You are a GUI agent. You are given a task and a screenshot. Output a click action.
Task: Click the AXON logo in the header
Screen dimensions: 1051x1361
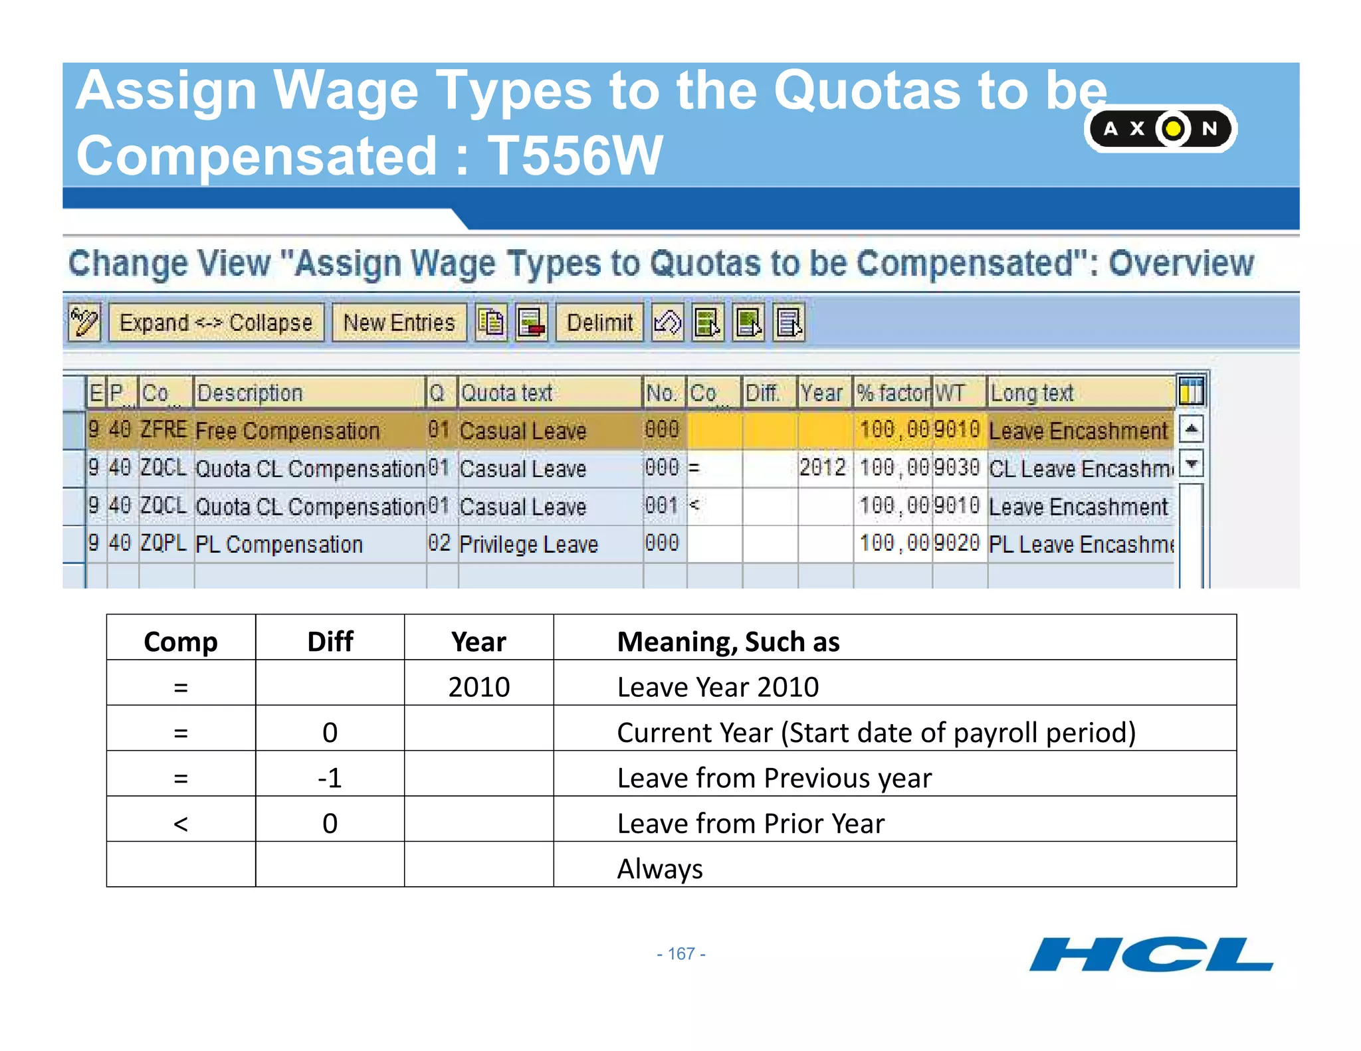click(x=1160, y=128)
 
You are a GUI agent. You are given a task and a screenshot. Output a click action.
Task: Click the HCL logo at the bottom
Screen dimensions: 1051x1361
click(x=1150, y=955)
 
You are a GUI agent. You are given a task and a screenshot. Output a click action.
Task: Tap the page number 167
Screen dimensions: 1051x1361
click(x=680, y=954)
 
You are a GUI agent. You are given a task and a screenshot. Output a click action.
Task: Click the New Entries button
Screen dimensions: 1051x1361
click(x=399, y=323)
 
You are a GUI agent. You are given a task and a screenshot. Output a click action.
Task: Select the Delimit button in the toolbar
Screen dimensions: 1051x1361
click(x=599, y=323)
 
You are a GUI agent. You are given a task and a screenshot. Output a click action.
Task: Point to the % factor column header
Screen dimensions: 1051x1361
click(x=892, y=393)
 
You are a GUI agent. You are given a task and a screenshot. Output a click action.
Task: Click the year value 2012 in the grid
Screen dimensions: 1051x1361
click(x=823, y=468)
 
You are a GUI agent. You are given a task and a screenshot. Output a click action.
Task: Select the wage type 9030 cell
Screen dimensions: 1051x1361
click(x=957, y=468)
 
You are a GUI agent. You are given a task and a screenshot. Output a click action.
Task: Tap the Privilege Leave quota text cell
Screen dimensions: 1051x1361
click(x=529, y=544)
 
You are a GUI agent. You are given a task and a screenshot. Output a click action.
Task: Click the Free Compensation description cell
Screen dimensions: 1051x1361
click(x=288, y=430)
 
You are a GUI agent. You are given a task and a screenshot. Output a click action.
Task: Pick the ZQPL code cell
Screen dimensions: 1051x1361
click(x=163, y=543)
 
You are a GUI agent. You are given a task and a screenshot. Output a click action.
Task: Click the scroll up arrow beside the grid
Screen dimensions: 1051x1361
click(x=1192, y=429)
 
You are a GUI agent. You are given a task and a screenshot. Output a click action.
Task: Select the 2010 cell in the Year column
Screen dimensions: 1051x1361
click(x=478, y=687)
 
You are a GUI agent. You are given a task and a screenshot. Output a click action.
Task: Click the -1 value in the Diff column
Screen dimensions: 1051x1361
click(x=330, y=778)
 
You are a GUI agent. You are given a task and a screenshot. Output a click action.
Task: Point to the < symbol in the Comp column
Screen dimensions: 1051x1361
click(x=181, y=824)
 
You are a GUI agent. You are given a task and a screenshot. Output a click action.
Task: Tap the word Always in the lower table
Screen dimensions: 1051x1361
click(x=660, y=869)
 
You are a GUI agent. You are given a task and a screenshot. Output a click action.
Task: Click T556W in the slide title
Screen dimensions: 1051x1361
click(x=575, y=155)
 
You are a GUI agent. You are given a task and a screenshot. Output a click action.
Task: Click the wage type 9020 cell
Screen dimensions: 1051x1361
click(x=957, y=543)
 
